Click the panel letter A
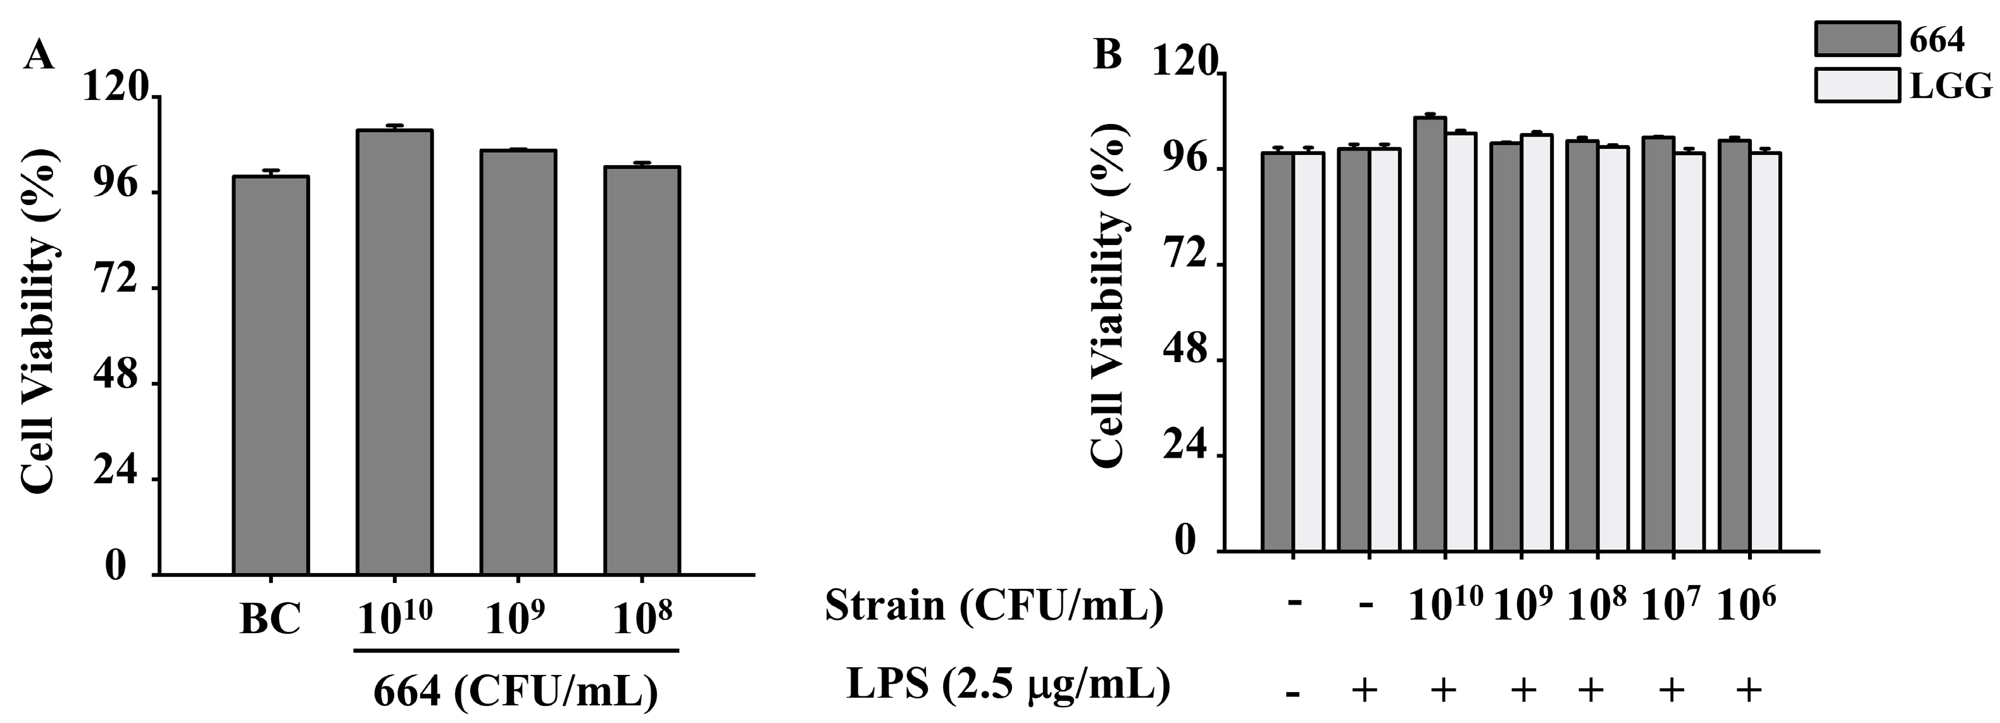click(39, 56)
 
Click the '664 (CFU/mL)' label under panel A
click(516, 691)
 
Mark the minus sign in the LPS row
click(1292, 693)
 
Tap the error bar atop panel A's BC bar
click(270, 172)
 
